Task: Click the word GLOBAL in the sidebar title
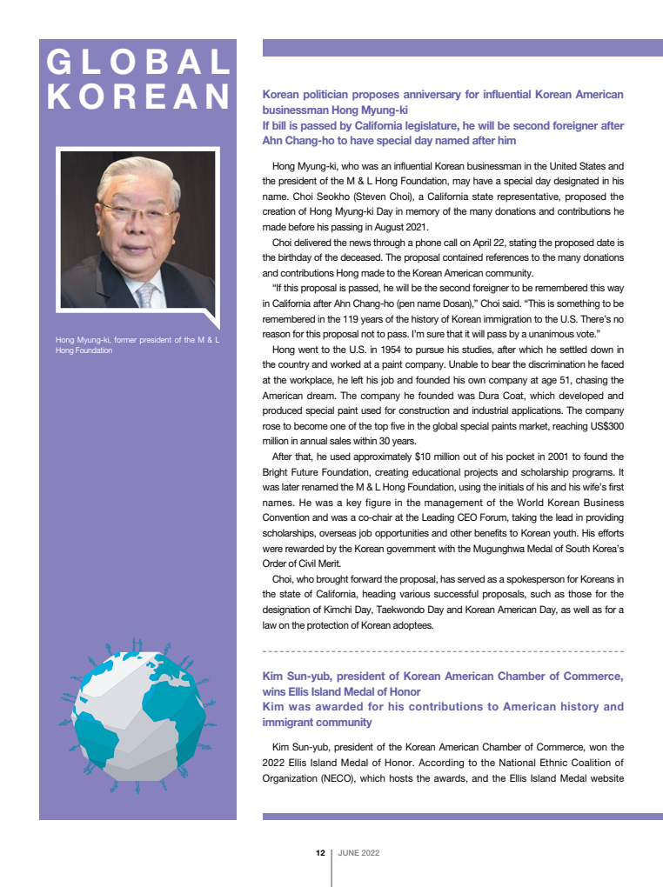[x=137, y=63]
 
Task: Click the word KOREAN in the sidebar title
[x=137, y=96]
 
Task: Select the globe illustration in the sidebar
[x=137, y=716]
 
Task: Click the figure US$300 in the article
[x=602, y=425]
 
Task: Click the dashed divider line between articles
[x=443, y=650]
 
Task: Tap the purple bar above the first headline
[x=462, y=48]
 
